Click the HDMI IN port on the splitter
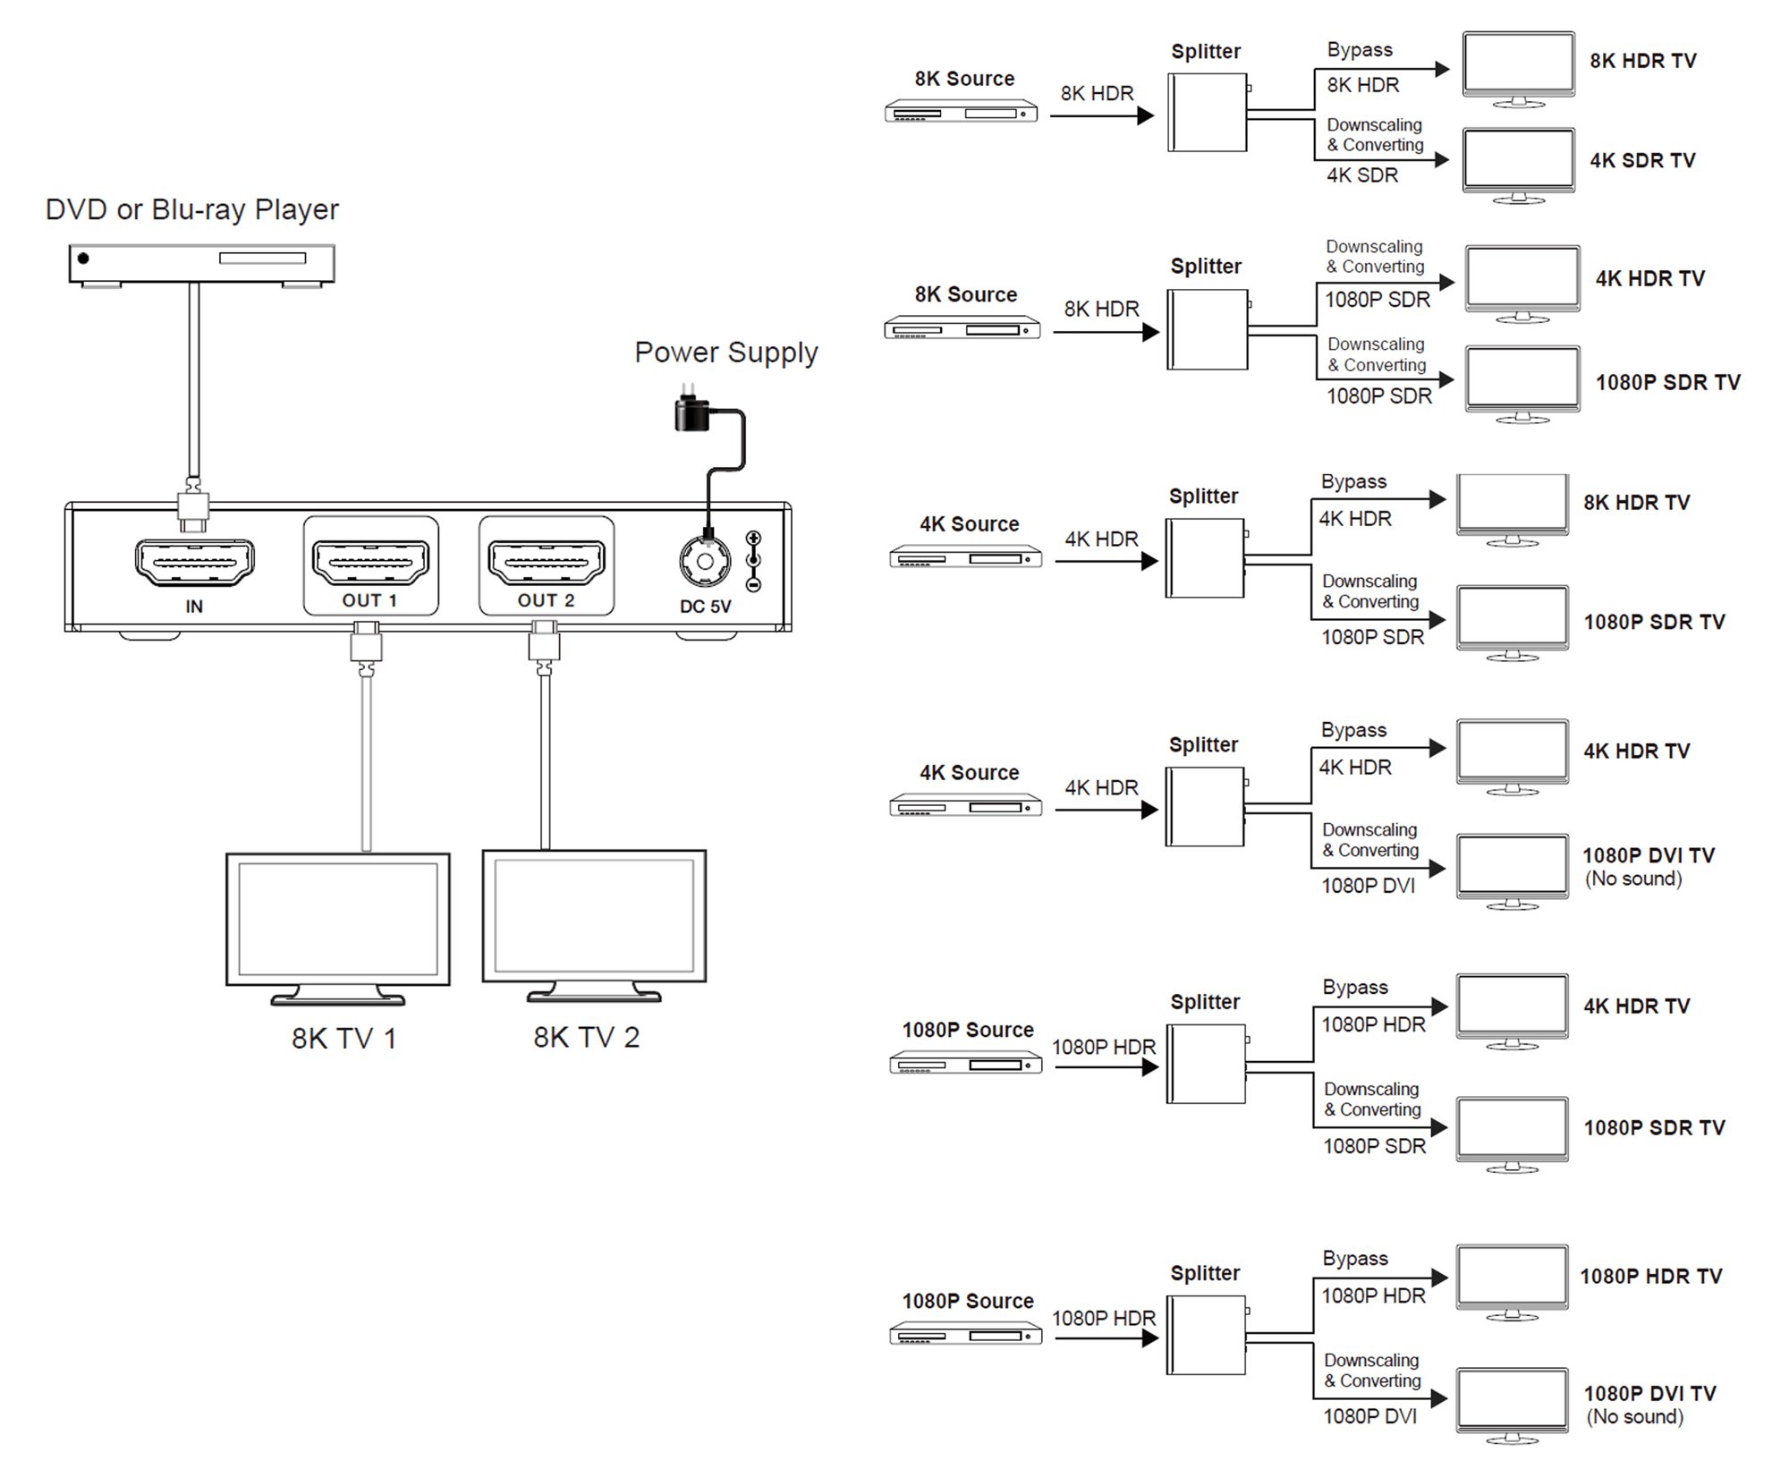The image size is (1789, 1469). tap(194, 563)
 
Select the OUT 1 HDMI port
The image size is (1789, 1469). tap(370, 562)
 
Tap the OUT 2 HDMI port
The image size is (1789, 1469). tap(547, 562)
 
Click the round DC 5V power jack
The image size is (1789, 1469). tap(705, 562)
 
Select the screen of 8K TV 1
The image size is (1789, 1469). tap(338, 919)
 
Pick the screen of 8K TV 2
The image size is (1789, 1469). tap(594, 915)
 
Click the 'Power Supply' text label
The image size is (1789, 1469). tap(726, 352)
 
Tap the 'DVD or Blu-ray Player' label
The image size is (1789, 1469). tap(192, 209)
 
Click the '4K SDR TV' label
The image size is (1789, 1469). tap(1642, 160)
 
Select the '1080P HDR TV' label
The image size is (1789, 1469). tap(1651, 1276)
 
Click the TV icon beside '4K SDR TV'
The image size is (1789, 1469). tap(1518, 166)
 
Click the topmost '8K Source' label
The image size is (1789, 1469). tap(964, 79)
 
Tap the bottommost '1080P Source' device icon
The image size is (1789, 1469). tap(966, 1336)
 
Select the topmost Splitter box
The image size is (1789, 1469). tap(1208, 113)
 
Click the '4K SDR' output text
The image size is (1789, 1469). tap(1362, 175)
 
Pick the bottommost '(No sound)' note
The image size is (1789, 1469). tap(1635, 1417)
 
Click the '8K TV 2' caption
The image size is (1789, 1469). tap(587, 1037)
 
